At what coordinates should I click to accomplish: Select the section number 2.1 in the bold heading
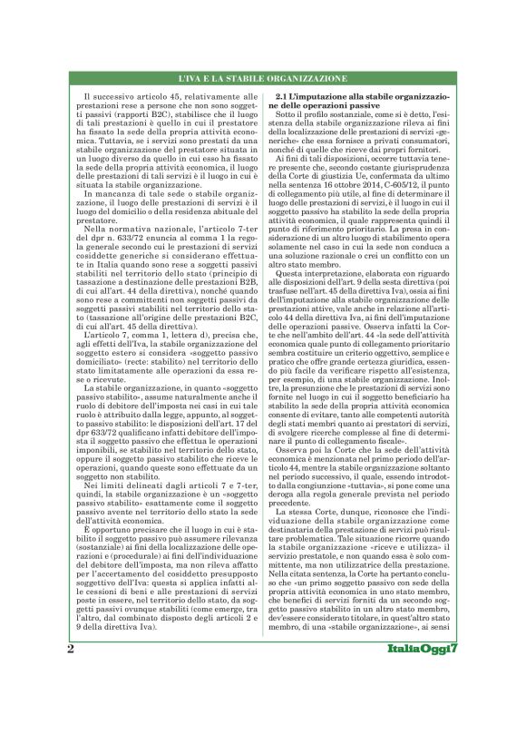click(283, 95)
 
